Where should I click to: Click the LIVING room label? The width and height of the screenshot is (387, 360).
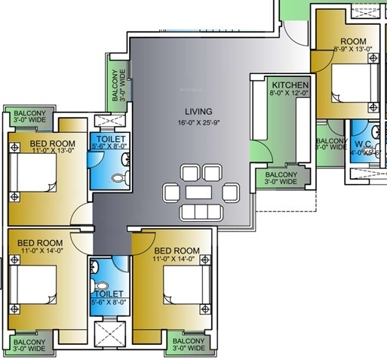pyautogui.click(x=198, y=111)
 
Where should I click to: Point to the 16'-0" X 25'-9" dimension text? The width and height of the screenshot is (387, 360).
pyautogui.click(x=198, y=122)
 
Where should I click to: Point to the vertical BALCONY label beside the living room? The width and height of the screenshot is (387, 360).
pyautogui.click(x=115, y=85)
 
